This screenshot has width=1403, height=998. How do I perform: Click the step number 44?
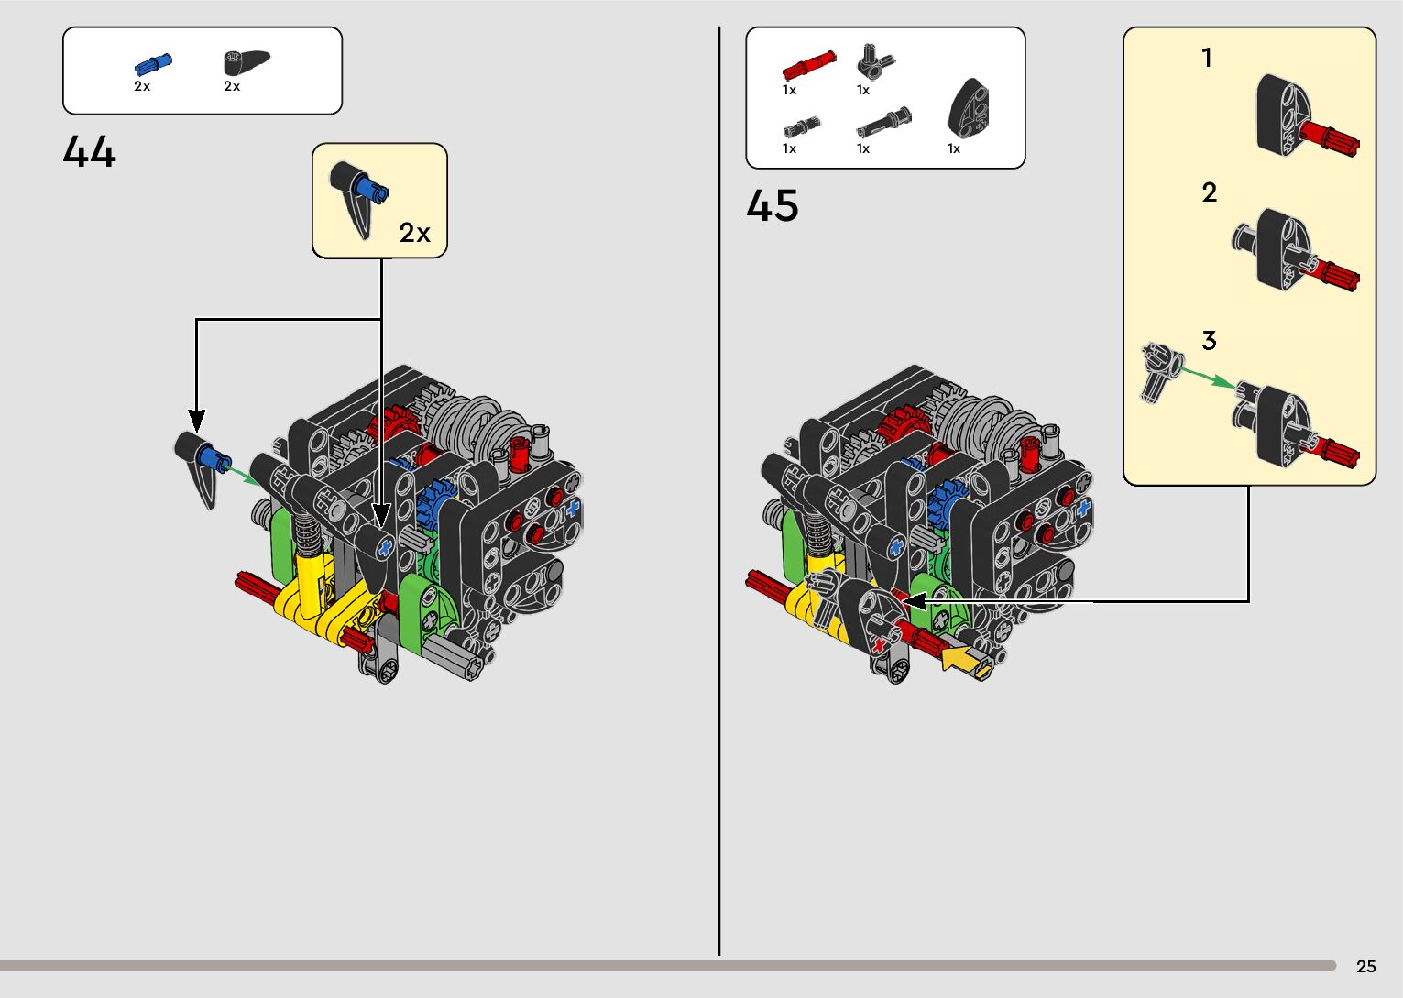[x=90, y=152]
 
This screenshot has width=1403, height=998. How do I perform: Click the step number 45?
[x=773, y=205]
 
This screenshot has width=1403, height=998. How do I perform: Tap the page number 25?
[x=1366, y=966]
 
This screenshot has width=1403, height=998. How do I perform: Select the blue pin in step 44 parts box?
[x=153, y=64]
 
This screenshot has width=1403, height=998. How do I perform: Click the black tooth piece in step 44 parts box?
[x=247, y=62]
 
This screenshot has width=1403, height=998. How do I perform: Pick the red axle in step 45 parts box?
[x=809, y=64]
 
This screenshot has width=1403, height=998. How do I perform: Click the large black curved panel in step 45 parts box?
[x=969, y=108]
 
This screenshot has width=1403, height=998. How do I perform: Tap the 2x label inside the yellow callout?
[x=414, y=233]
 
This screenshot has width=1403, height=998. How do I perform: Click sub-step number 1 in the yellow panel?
[x=1206, y=59]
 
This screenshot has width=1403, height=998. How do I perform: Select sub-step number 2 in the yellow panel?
[x=1209, y=192]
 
